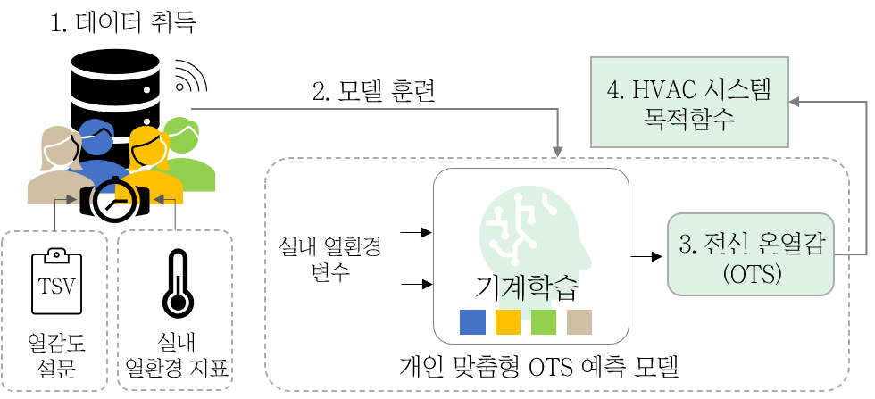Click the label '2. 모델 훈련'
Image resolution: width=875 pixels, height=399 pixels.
(373, 92)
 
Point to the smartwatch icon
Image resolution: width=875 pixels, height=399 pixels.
(115, 200)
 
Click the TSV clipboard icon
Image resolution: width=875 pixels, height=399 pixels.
(56, 282)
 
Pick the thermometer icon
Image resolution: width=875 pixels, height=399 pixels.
(178, 283)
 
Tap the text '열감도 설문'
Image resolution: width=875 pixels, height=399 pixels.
(56, 356)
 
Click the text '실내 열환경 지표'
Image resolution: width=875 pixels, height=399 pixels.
(178, 356)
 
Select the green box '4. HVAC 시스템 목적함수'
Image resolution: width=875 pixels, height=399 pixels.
(689, 101)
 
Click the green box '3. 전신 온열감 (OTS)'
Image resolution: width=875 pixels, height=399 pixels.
(751, 254)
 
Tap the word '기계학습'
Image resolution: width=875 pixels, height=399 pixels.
(525, 289)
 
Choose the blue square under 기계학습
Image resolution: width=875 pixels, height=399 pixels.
(472, 322)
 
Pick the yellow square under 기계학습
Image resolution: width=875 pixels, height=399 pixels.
(508, 322)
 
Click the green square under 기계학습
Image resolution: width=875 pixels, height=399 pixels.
(544, 322)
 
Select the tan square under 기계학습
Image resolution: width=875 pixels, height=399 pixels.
(579, 322)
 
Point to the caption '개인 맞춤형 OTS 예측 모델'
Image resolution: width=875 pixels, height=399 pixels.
(539, 368)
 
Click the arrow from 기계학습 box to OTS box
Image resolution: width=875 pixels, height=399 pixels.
(646, 257)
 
